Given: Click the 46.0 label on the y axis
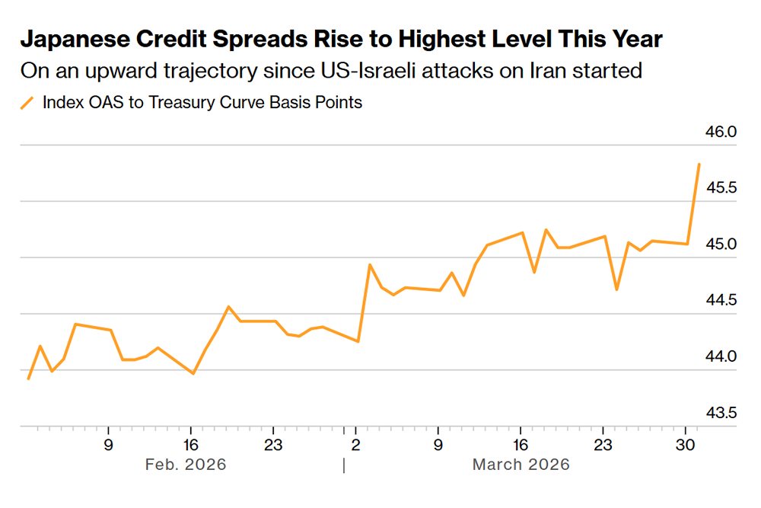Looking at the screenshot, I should (722, 132).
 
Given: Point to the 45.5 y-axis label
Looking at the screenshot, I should (722, 188).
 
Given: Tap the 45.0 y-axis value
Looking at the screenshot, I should (722, 244).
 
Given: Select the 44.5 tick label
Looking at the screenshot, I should (722, 301).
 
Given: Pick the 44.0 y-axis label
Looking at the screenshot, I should (722, 357).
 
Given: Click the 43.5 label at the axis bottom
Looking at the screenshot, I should (722, 414).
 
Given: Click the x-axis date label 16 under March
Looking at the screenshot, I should (521, 443).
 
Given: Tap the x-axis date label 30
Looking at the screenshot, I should (686, 443).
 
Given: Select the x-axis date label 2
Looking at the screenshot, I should (355, 443).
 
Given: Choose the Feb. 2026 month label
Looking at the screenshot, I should (186, 464).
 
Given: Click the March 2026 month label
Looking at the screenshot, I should (521, 464).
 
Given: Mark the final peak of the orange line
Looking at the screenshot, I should (699, 164).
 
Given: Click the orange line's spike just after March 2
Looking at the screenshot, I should (369, 265).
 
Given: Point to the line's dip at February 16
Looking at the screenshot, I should (193, 373).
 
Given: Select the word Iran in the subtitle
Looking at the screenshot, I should (564, 72).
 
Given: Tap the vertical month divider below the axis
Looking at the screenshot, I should (344, 465).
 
